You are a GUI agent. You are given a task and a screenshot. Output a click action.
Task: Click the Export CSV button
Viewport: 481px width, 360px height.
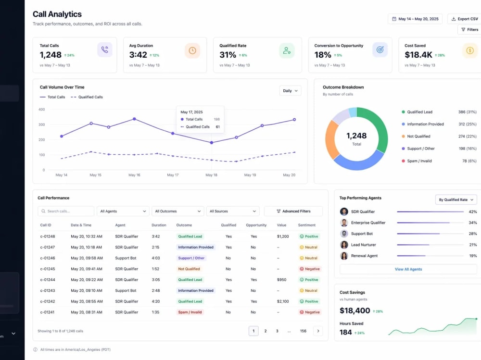[x=465, y=19]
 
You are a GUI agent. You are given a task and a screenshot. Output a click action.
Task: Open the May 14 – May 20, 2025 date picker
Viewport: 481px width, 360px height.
[x=415, y=19]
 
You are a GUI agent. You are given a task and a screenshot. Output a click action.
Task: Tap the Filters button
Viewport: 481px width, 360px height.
[x=469, y=30]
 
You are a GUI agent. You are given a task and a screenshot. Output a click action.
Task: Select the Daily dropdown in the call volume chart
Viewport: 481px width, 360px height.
[x=290, y=91]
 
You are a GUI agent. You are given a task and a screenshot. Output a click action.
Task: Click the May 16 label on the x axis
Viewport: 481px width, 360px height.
[x=134, y=175]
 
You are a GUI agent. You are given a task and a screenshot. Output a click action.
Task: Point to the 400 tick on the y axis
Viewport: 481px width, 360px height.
[x=42, y=110]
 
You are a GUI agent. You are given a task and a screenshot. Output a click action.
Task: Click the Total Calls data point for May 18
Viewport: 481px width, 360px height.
[x=211, y=143]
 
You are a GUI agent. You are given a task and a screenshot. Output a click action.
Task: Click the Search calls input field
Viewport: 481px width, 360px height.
[x=66, y=211]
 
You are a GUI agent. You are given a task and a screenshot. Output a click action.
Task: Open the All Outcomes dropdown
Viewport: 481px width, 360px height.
[x=177, y=211]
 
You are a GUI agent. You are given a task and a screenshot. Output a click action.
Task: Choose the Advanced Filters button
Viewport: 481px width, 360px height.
[x=293, y=211]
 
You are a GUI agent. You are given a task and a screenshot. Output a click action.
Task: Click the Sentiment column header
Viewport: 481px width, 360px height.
[x=306, y=225]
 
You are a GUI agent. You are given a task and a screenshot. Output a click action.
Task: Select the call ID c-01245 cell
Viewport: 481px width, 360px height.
[x=48, y=269]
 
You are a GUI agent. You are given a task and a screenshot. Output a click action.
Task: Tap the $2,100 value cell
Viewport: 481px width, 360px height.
[x=283, y=301]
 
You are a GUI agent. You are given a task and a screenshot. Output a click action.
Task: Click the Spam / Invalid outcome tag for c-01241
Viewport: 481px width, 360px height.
[x=190, y=312]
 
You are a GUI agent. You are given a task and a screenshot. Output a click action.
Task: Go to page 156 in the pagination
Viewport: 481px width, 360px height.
[x=303, y=331]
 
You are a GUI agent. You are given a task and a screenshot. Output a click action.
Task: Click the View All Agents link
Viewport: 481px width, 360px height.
[x=408, y=269]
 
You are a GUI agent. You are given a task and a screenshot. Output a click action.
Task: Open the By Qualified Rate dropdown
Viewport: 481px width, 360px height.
[x=456, y=199]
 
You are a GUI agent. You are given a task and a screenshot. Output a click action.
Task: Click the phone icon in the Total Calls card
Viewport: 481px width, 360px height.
[x=104, y=50]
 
